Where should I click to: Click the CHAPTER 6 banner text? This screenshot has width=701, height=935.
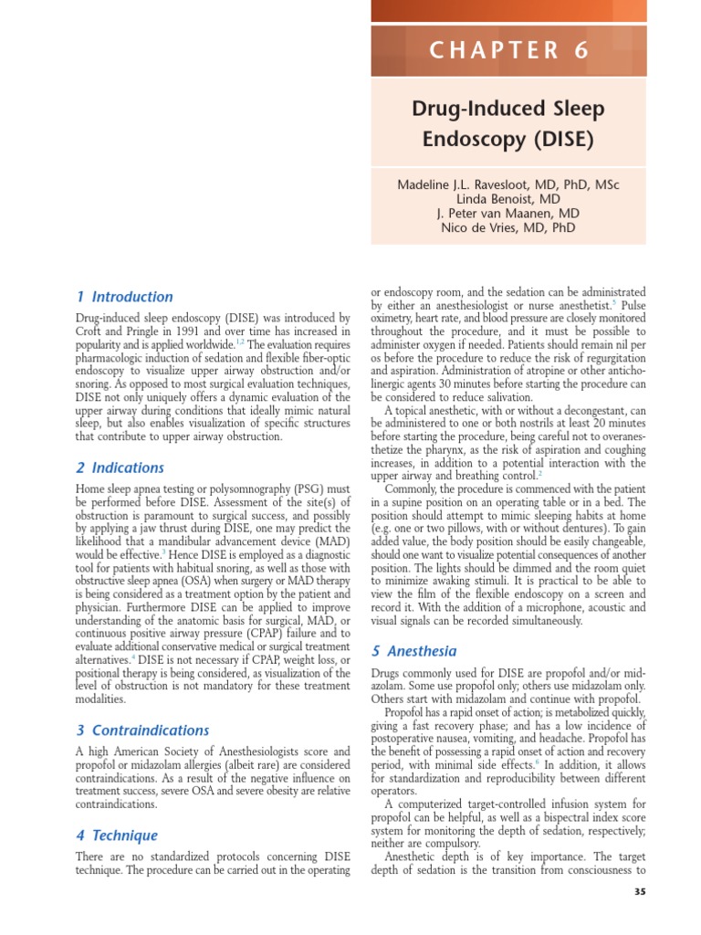(x=508, y=51)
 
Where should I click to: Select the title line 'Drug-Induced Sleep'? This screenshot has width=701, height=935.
(x=508, y=110)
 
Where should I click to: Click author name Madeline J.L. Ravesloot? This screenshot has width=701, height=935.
(x=508, y=184)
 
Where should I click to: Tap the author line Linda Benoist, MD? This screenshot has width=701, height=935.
(x=508, y=199)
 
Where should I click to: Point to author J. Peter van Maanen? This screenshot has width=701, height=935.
(x=508, y=214)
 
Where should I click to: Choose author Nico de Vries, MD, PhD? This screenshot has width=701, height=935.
(x=508, y=228)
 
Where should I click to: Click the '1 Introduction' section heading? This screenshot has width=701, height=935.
(x=124, y=297)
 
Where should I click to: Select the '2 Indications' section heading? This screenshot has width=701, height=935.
(x=120, y=467)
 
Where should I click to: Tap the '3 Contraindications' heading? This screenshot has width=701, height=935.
(x=142, y=730)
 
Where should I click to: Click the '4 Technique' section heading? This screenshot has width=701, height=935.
(x=117, y=835)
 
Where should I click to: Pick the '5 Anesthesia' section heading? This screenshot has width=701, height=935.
(x=413, y=651)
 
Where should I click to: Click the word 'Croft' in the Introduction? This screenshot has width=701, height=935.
(x=90, y=331)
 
